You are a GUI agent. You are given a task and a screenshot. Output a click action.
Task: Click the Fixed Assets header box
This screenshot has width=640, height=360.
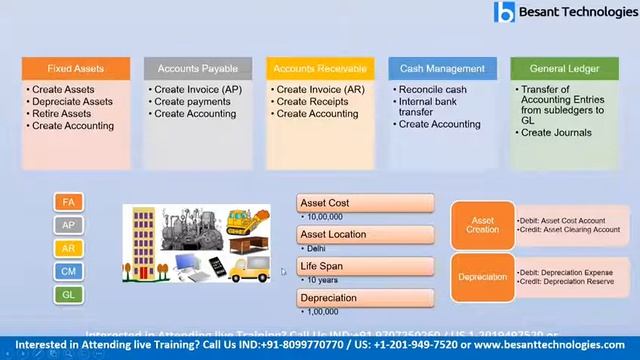pyautogui.click(x=75, y=69)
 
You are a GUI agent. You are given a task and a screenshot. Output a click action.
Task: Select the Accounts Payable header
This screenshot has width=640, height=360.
pyautogui.click(x=198, y=69)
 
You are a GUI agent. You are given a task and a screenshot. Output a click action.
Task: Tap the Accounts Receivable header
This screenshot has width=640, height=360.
pyautogui.click(x=320, y=69)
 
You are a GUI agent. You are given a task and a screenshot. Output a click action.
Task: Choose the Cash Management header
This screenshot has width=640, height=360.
pyautogui.click(x=441, y=69)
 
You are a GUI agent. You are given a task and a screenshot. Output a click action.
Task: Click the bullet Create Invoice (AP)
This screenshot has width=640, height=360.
pyautogui.click(x=198, y=89)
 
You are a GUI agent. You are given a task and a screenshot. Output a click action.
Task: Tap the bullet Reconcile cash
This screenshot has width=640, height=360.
pyautogui.click(x=432, y=89)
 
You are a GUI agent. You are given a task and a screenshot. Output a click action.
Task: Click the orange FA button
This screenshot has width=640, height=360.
pyautogui.click(x=69, y=203)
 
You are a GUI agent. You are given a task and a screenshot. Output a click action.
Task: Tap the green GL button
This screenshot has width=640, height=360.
pyautogui.click(x=69, y=294)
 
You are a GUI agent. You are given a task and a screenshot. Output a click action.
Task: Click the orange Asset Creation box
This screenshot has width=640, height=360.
pyautogui.click(x=482, y=225)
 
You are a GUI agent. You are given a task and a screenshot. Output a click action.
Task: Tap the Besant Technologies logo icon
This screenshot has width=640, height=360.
pyautogui.click(x=504, y=13)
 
